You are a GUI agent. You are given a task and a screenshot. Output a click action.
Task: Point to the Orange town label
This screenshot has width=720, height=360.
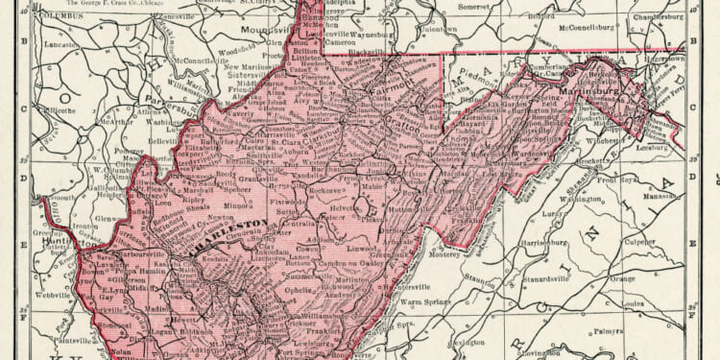click(622, 277)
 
